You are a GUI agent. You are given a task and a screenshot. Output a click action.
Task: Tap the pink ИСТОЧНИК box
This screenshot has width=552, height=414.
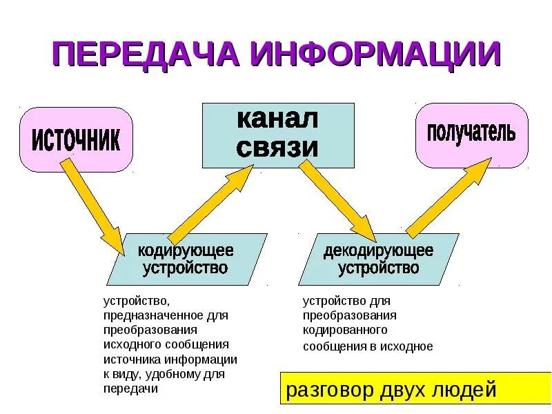76,140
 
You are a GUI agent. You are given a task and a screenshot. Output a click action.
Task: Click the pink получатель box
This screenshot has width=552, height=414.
471,135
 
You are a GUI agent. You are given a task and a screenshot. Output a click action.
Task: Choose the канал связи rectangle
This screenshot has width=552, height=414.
278,135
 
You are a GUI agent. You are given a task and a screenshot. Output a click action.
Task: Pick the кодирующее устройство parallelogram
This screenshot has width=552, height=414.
186,259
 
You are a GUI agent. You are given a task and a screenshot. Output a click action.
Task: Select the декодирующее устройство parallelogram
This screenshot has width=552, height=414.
378,259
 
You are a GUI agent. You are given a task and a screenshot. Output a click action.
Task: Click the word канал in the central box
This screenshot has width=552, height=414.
278,119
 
